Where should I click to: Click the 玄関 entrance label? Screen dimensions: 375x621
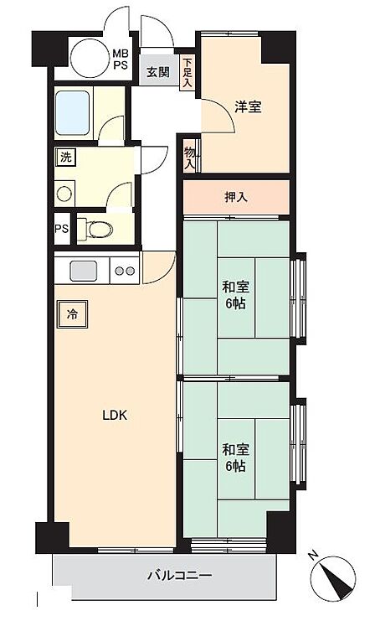click(x=158, y=72)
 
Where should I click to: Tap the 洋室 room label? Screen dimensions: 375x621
click(x=248, y=106)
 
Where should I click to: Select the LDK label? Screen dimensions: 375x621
click(x=115, y=415)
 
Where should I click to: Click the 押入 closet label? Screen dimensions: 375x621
click(x=236, y=197)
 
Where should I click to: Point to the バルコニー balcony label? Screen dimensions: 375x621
click(x=180, y=575)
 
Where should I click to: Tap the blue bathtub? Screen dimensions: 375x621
click(x=72, y=112)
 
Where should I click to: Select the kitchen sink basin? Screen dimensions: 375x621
click(x=84, y=271)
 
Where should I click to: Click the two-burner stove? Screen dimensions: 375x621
click(x=125, y=271)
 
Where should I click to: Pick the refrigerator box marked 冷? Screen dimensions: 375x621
click(x=72, y=314)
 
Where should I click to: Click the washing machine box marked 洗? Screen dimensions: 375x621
click(x=65, y=158)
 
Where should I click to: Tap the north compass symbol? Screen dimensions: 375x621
click(x=333, y=577)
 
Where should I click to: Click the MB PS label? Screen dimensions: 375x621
click(x=121, y=60)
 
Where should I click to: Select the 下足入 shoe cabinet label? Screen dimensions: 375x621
click(x=187, y=73)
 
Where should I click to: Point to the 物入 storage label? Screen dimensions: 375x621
click(x=190, y=158)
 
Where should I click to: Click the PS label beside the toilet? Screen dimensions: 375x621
click(x=61, y=229)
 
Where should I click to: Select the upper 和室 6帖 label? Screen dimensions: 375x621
click(x=235, y=295)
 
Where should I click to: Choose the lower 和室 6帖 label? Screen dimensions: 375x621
click(x=235, y=458)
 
